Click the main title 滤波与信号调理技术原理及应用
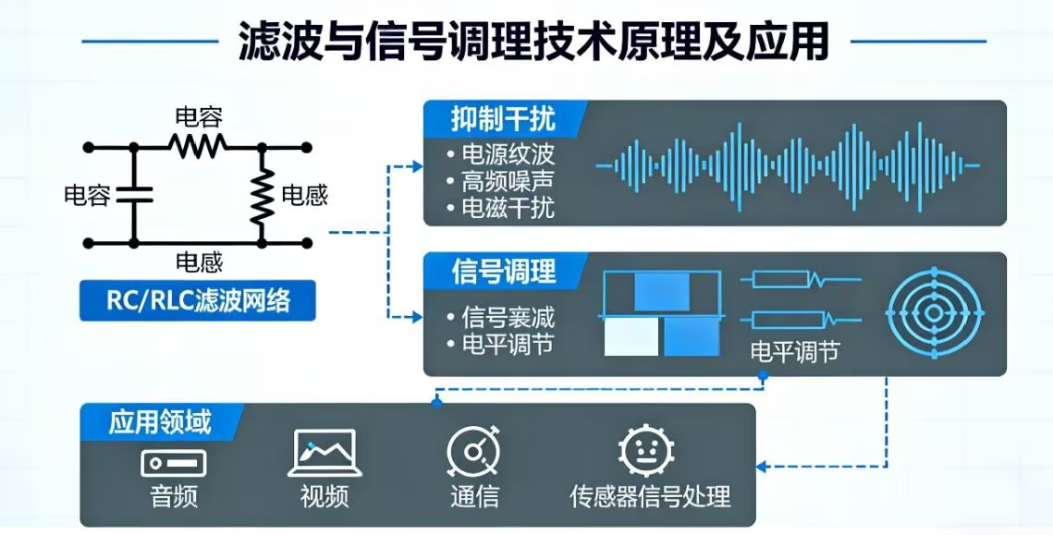coord(533,41)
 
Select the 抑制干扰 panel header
coord(503,119)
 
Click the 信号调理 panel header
coord(504,271)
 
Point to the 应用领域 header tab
coord(160,422)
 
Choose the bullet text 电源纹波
coord(508,154)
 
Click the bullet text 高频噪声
coord(508,181)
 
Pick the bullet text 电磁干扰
coord(508,208)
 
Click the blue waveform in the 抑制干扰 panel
coord(787,166)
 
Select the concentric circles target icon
coord(934,312)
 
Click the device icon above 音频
coord(173,461)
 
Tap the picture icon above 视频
coord(324,453)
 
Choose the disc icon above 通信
coord(473,453)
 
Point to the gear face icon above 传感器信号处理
coord(645,452)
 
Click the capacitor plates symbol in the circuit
coord(134,195)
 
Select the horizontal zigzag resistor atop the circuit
coord(197,146)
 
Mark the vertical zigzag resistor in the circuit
coord(263,194)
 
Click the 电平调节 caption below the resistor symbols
coord(794,351)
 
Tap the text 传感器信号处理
coord(650,497)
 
